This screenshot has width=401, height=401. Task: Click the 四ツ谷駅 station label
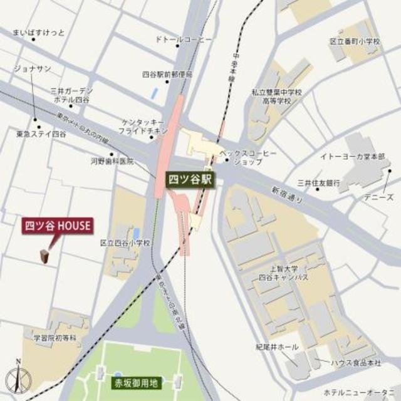190,179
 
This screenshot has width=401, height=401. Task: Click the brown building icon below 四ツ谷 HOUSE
44,256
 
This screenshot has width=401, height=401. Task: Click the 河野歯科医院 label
113,161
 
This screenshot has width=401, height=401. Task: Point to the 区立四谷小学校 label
126,243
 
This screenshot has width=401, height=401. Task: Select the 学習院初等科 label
55,338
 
